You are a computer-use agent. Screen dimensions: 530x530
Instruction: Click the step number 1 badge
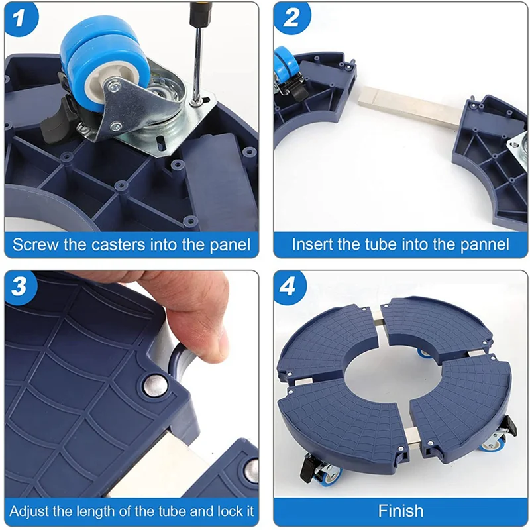tap(21, 19)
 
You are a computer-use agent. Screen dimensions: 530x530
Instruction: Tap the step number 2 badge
tap(291, 18)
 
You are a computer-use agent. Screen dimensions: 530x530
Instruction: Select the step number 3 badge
tap(21, 288)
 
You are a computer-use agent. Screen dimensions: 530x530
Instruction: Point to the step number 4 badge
tap(290, 288)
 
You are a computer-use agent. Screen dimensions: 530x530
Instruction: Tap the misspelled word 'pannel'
tap(485, 244)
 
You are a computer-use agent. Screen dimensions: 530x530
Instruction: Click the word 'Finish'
tap(401, 511)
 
